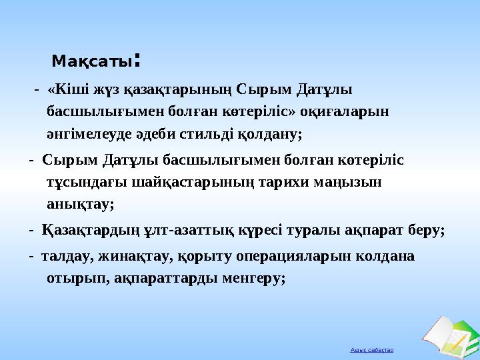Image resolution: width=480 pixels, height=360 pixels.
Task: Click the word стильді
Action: pos(216,134)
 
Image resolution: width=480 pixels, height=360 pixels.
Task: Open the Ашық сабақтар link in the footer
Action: pos(372,349)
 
